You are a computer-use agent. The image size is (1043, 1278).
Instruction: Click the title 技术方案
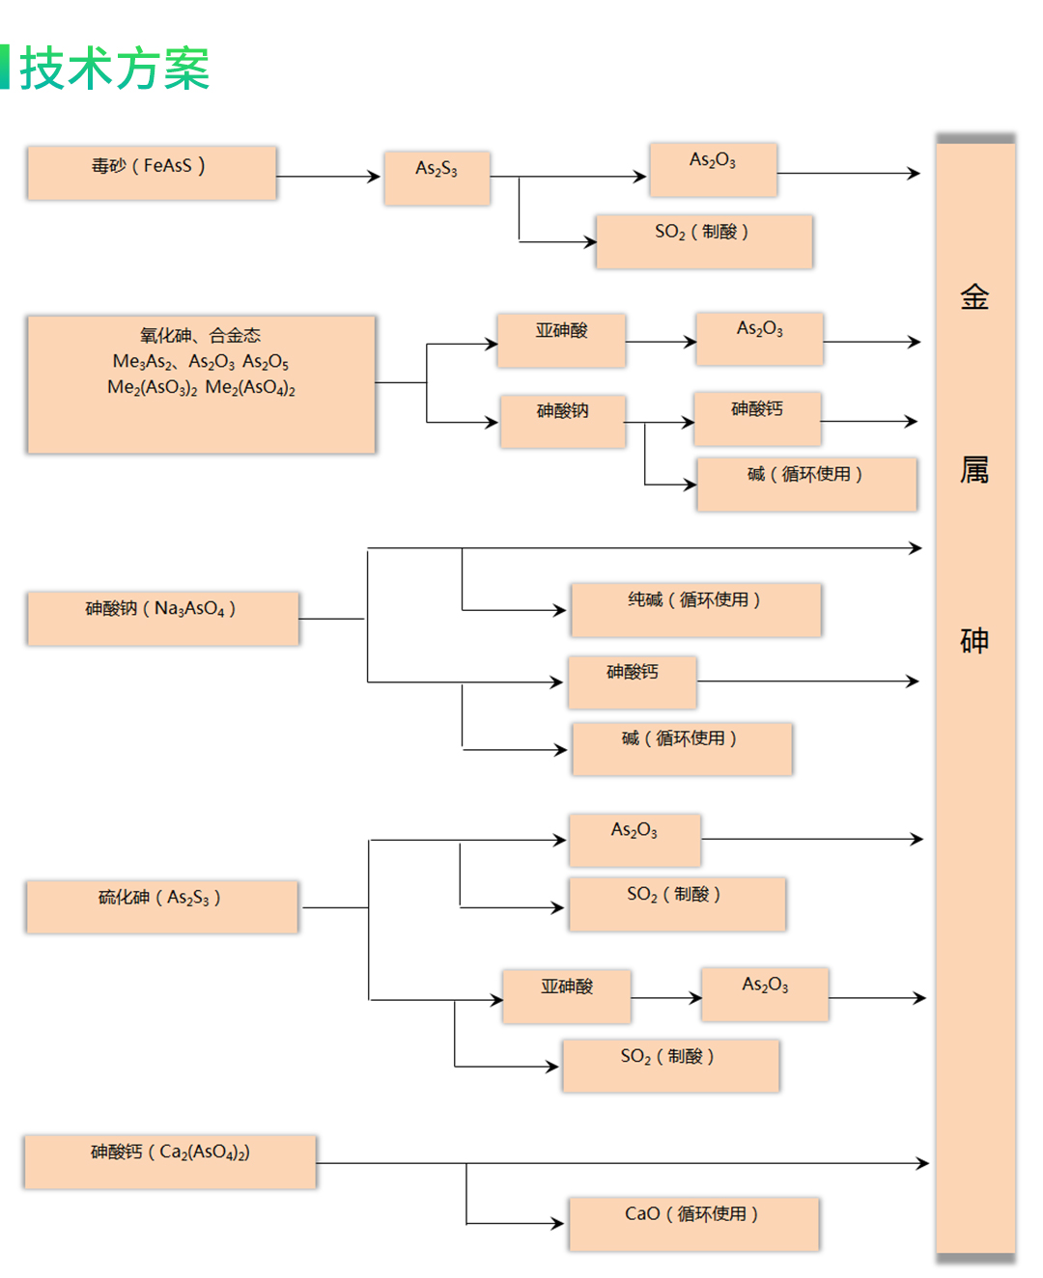click(x=114, y=69)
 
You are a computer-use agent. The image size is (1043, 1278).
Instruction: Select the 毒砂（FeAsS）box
click(x=152, y=173)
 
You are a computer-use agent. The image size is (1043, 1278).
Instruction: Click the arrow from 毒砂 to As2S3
click(x=328, y=177)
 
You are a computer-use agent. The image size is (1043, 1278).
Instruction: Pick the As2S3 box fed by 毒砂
click(x=437, y=178)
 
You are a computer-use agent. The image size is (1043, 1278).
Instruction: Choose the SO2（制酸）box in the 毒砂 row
click(x=703, y=240)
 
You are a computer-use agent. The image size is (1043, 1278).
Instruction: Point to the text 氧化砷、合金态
click(x=200, y=336)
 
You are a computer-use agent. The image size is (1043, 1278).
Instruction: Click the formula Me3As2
click(x=143, y=362)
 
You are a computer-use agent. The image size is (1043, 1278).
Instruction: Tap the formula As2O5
click(x=266, y=362)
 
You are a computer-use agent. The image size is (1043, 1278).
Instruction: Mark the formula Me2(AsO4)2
click(x=250, y=388)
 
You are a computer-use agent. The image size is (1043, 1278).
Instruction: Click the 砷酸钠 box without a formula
click(x=562, y=420)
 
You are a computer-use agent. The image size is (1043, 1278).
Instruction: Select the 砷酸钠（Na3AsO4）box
click(x=162, y=618)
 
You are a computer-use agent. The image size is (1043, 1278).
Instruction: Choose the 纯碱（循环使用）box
click(x=695, y=609)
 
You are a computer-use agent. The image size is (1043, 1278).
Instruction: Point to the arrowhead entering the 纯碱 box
click(x=560, y=610)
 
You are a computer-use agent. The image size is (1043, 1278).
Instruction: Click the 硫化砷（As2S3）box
click(x=161, y=906)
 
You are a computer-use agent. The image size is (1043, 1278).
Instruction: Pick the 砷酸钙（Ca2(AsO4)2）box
click(x=170, y=1161)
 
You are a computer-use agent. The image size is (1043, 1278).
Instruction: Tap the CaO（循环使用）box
click(x=692, y=1223)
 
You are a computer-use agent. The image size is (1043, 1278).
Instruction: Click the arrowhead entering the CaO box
click(x=557, y=1224)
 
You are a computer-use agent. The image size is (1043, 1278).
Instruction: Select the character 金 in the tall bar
click(x=974, y=297)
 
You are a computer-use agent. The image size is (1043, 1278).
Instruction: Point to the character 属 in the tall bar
click(x=974, y=470)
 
